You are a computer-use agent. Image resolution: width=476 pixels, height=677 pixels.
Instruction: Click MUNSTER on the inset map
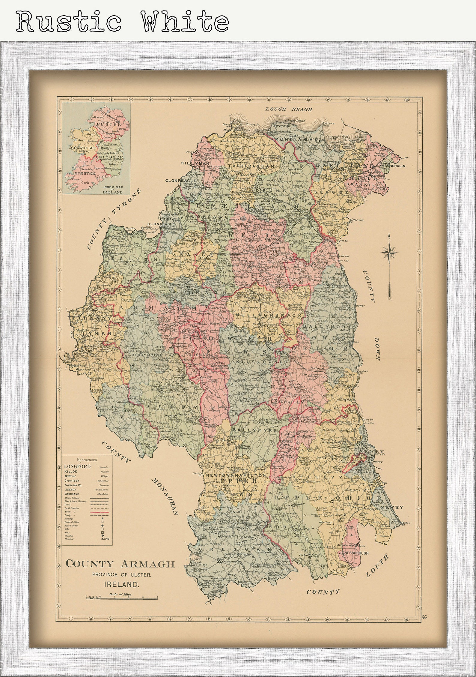point(83,173)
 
